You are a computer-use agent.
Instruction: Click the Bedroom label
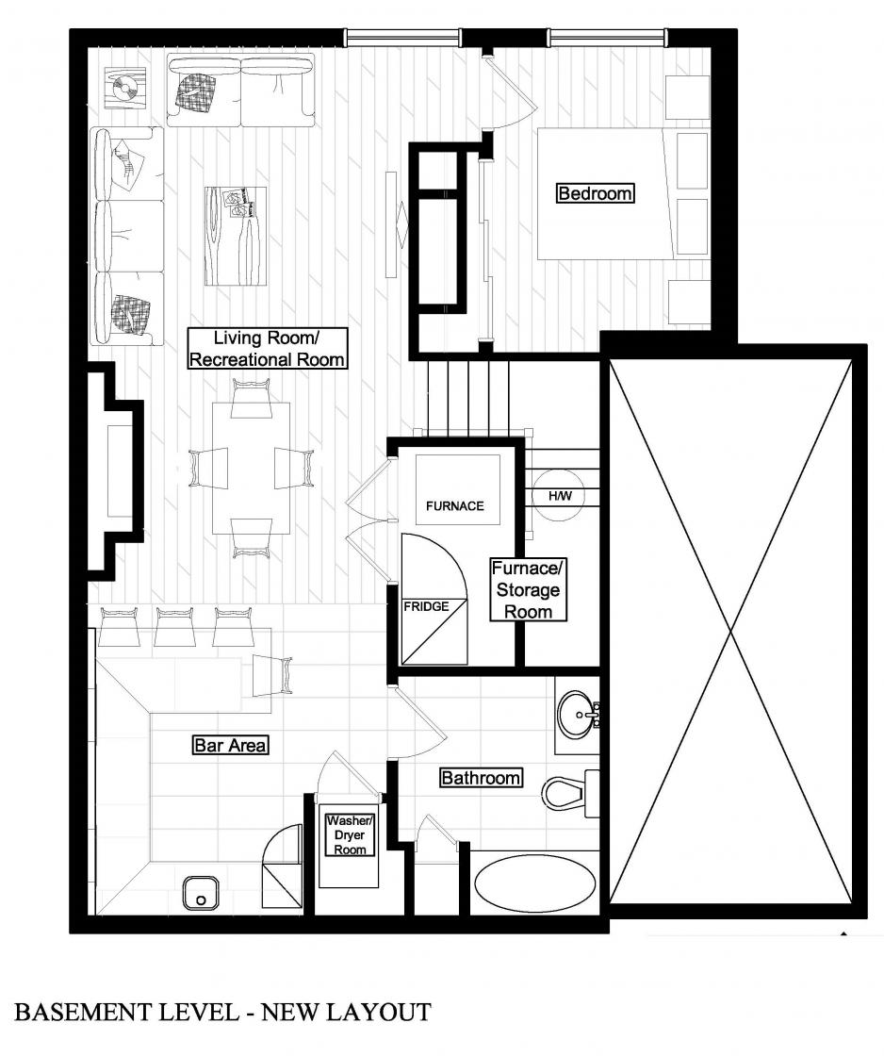[x=596, y=193]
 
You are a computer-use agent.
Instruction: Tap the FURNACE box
[x=458, y=489]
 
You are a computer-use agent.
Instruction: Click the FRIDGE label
[x=426, y=606]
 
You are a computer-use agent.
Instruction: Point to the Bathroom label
[x=481, y=778]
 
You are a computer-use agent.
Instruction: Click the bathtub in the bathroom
[x=535, y=883]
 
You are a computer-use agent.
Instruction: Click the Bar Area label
[x=230, y=745]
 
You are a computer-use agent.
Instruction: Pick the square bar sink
[x=200, y=893]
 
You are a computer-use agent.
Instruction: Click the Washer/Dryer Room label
[x=350, y=835]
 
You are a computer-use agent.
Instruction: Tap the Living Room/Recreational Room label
[x=268, y=348]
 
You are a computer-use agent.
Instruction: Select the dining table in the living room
[x=251, y=468]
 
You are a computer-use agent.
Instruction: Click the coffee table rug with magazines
[x=236, y=236]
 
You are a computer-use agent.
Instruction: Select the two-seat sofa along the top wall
[x=241, y=91]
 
